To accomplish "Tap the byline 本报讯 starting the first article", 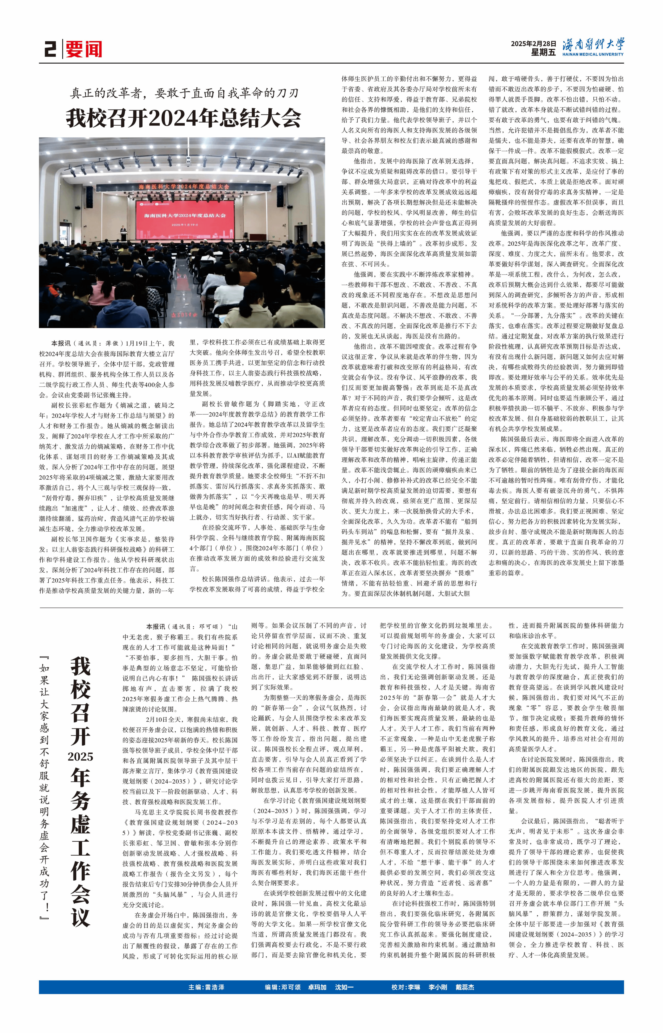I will (61, 343).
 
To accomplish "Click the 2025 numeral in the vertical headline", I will (80, 756).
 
